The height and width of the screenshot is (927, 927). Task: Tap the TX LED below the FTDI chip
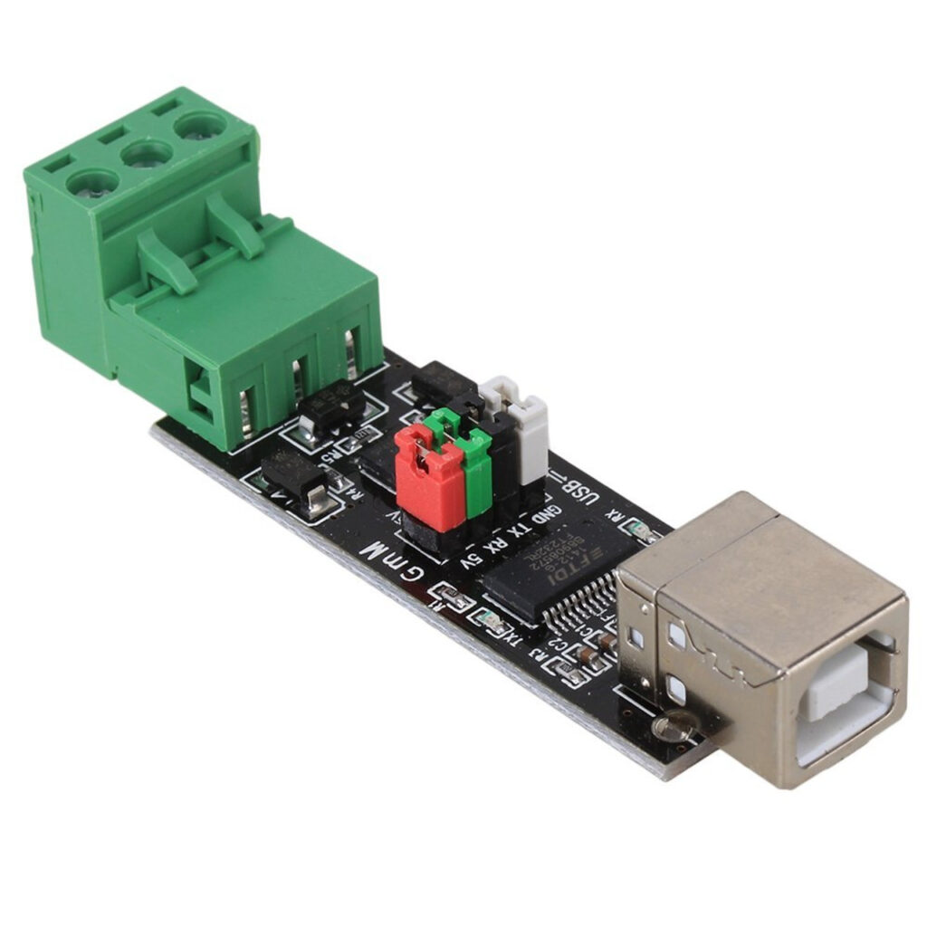tap(491, 621)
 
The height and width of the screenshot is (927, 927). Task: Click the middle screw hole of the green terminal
tap(146, 155)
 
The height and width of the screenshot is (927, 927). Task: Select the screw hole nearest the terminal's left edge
tap(91, 183)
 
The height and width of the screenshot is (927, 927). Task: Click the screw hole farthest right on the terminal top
tap(200, 126)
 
